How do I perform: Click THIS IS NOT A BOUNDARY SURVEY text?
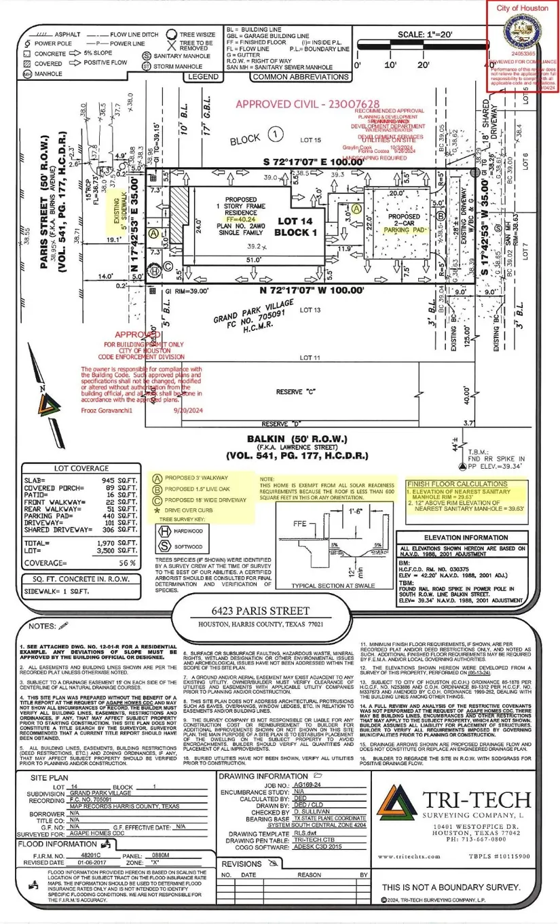[451, 887]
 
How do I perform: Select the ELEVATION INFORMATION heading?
[461, 537]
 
